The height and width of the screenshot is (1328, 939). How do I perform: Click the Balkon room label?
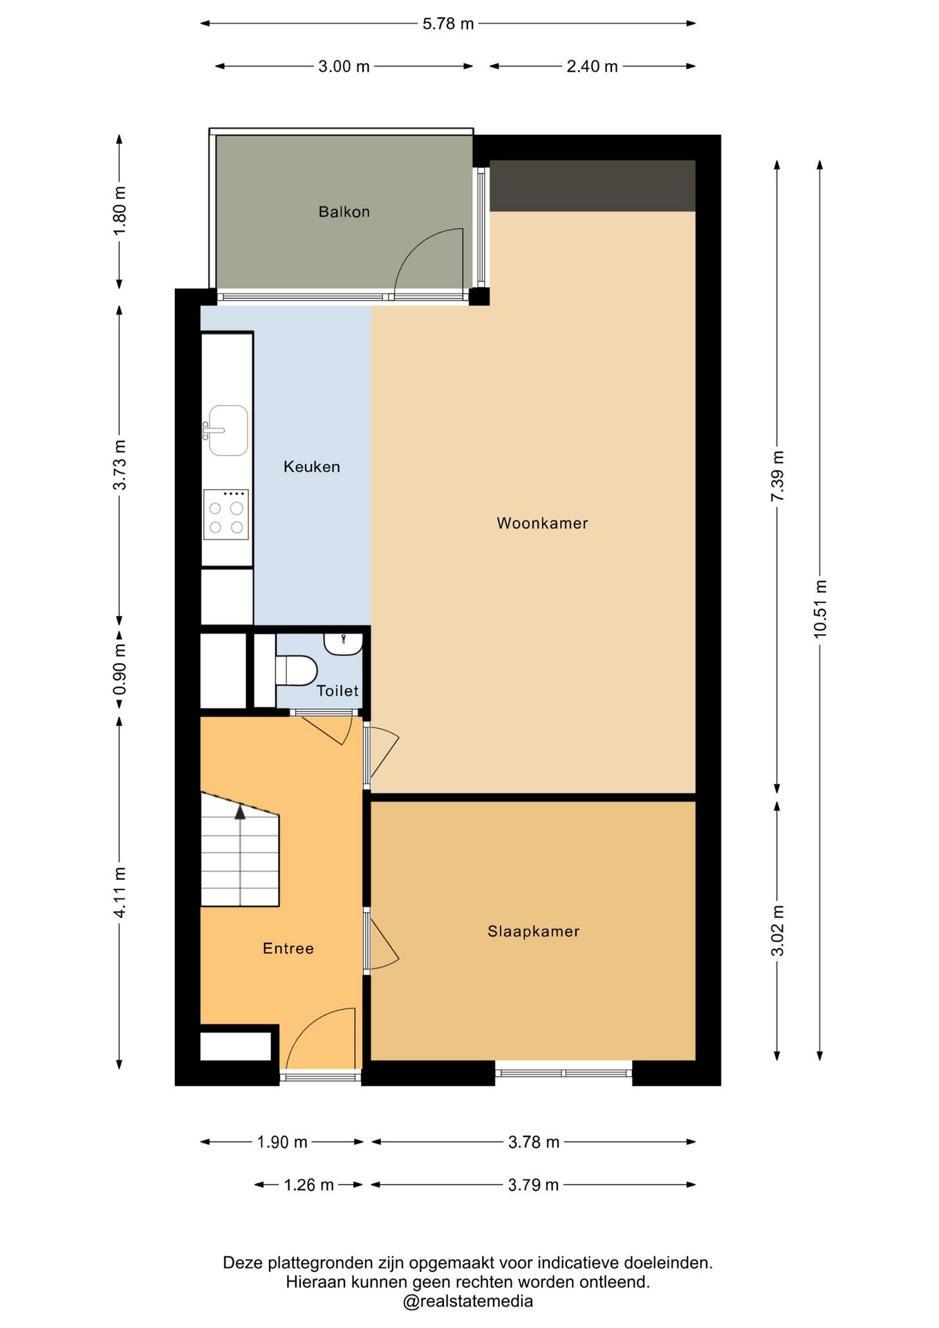click(344, 212)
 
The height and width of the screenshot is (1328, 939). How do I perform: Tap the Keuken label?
click(312, 467)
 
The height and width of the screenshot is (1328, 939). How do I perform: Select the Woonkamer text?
click(542, 523)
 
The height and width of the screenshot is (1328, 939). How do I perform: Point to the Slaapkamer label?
click(533, 931)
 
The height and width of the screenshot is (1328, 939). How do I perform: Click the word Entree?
click(288, 948)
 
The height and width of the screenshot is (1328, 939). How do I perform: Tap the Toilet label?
click(337, 690)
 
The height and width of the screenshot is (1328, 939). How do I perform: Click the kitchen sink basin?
click(228, 430)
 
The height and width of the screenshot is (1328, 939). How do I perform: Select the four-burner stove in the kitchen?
click(226, 515)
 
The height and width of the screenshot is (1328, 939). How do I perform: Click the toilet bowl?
click(297, 671)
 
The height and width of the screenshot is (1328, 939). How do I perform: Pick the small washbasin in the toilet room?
click(343, 644)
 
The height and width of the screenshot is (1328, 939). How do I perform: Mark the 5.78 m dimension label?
click(448, 24)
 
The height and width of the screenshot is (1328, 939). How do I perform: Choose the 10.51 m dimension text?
click(820, 609)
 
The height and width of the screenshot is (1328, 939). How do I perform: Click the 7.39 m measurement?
click(777, 476)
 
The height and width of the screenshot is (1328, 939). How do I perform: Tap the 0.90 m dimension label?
click(120, 670)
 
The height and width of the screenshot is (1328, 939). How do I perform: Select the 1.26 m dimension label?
click(308, 1185)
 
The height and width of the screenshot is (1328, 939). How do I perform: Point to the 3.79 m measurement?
click(533, 1185)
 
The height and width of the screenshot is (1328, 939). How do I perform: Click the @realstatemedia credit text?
click(468, 1301)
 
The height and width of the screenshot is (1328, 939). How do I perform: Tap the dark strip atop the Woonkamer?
click(593, 185)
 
